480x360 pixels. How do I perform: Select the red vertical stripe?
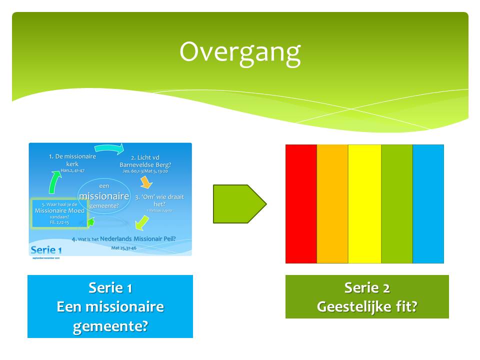(x=301, y=203)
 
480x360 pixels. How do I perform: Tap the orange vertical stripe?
(x=332, y=203)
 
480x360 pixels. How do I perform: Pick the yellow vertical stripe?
(x=364, y=203)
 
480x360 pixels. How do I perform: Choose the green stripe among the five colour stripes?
(x=397, y=203)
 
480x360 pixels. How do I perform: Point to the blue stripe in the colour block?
(x=428, y=203)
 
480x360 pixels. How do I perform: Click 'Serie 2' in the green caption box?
(x=367, y=288)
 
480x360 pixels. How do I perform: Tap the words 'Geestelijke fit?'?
(x=367, y=306)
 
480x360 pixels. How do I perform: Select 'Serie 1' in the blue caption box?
(x=110, y=288)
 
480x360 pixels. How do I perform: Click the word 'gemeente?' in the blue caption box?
(x=110, y=326)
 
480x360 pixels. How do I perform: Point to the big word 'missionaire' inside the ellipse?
(x=104, y=196)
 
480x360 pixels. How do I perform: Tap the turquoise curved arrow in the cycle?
(x=109, y=147)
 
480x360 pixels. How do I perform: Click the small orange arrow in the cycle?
(x=146, y=181)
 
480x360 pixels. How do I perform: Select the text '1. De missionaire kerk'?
(x=72, y=160)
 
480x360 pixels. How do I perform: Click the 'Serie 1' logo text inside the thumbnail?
(x=46, y=249)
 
